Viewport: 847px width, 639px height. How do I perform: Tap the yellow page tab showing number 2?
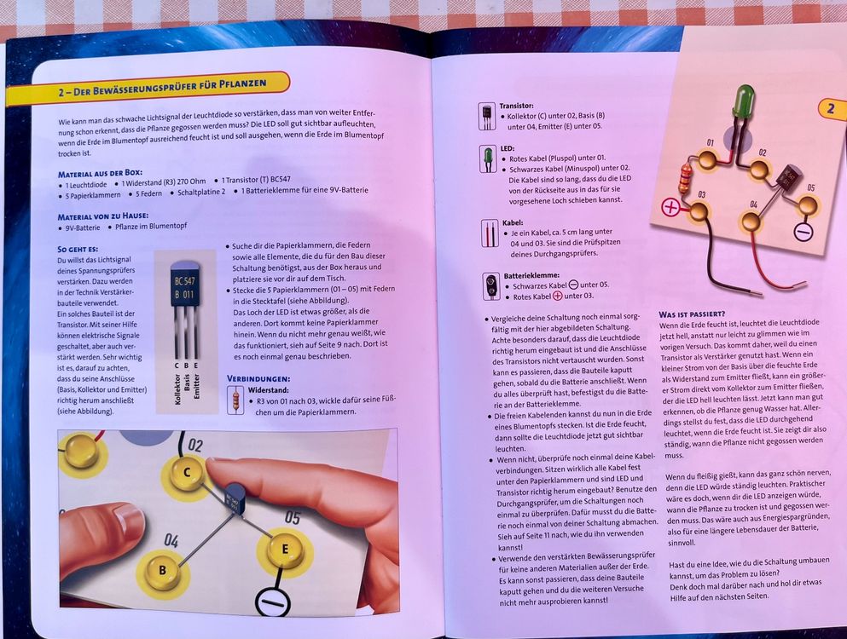coord(829,108)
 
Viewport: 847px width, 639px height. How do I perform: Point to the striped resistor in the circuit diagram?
coord(685,178)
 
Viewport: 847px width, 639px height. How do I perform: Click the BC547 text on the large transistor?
coord(184,280)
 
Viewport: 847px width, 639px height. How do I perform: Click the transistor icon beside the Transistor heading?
coord(487,116)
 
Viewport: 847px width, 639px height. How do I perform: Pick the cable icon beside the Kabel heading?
coord(488,233)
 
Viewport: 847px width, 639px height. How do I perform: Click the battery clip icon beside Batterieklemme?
coord(489,285)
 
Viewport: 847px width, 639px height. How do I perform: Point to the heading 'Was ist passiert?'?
coord(692,314)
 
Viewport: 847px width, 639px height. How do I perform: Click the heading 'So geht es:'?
coord(77,249)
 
